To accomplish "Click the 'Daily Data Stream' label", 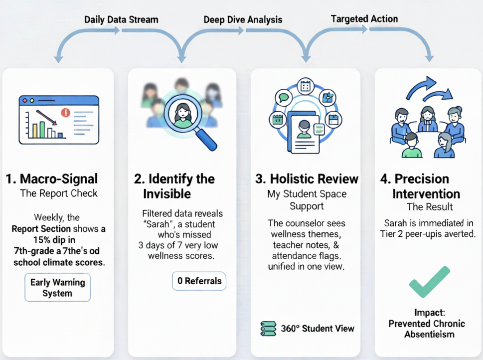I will [121, 20].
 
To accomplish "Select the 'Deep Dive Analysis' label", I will [243, 20].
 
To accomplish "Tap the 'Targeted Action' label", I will [364, 19].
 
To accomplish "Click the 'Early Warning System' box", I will [57, 288].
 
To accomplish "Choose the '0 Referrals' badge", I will [199, 281].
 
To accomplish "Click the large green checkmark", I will [429, 282].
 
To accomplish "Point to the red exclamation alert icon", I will [65, 113].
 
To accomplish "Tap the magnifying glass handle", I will [206, 140].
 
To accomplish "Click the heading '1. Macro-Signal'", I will [52, 179].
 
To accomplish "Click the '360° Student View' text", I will [318, 328].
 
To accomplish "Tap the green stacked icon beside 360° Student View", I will [268, 329].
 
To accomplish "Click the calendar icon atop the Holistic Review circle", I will [306, 86].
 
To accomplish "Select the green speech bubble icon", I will [284, 97].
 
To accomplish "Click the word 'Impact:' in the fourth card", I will [429, 313].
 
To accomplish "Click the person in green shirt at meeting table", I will [411, 146].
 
